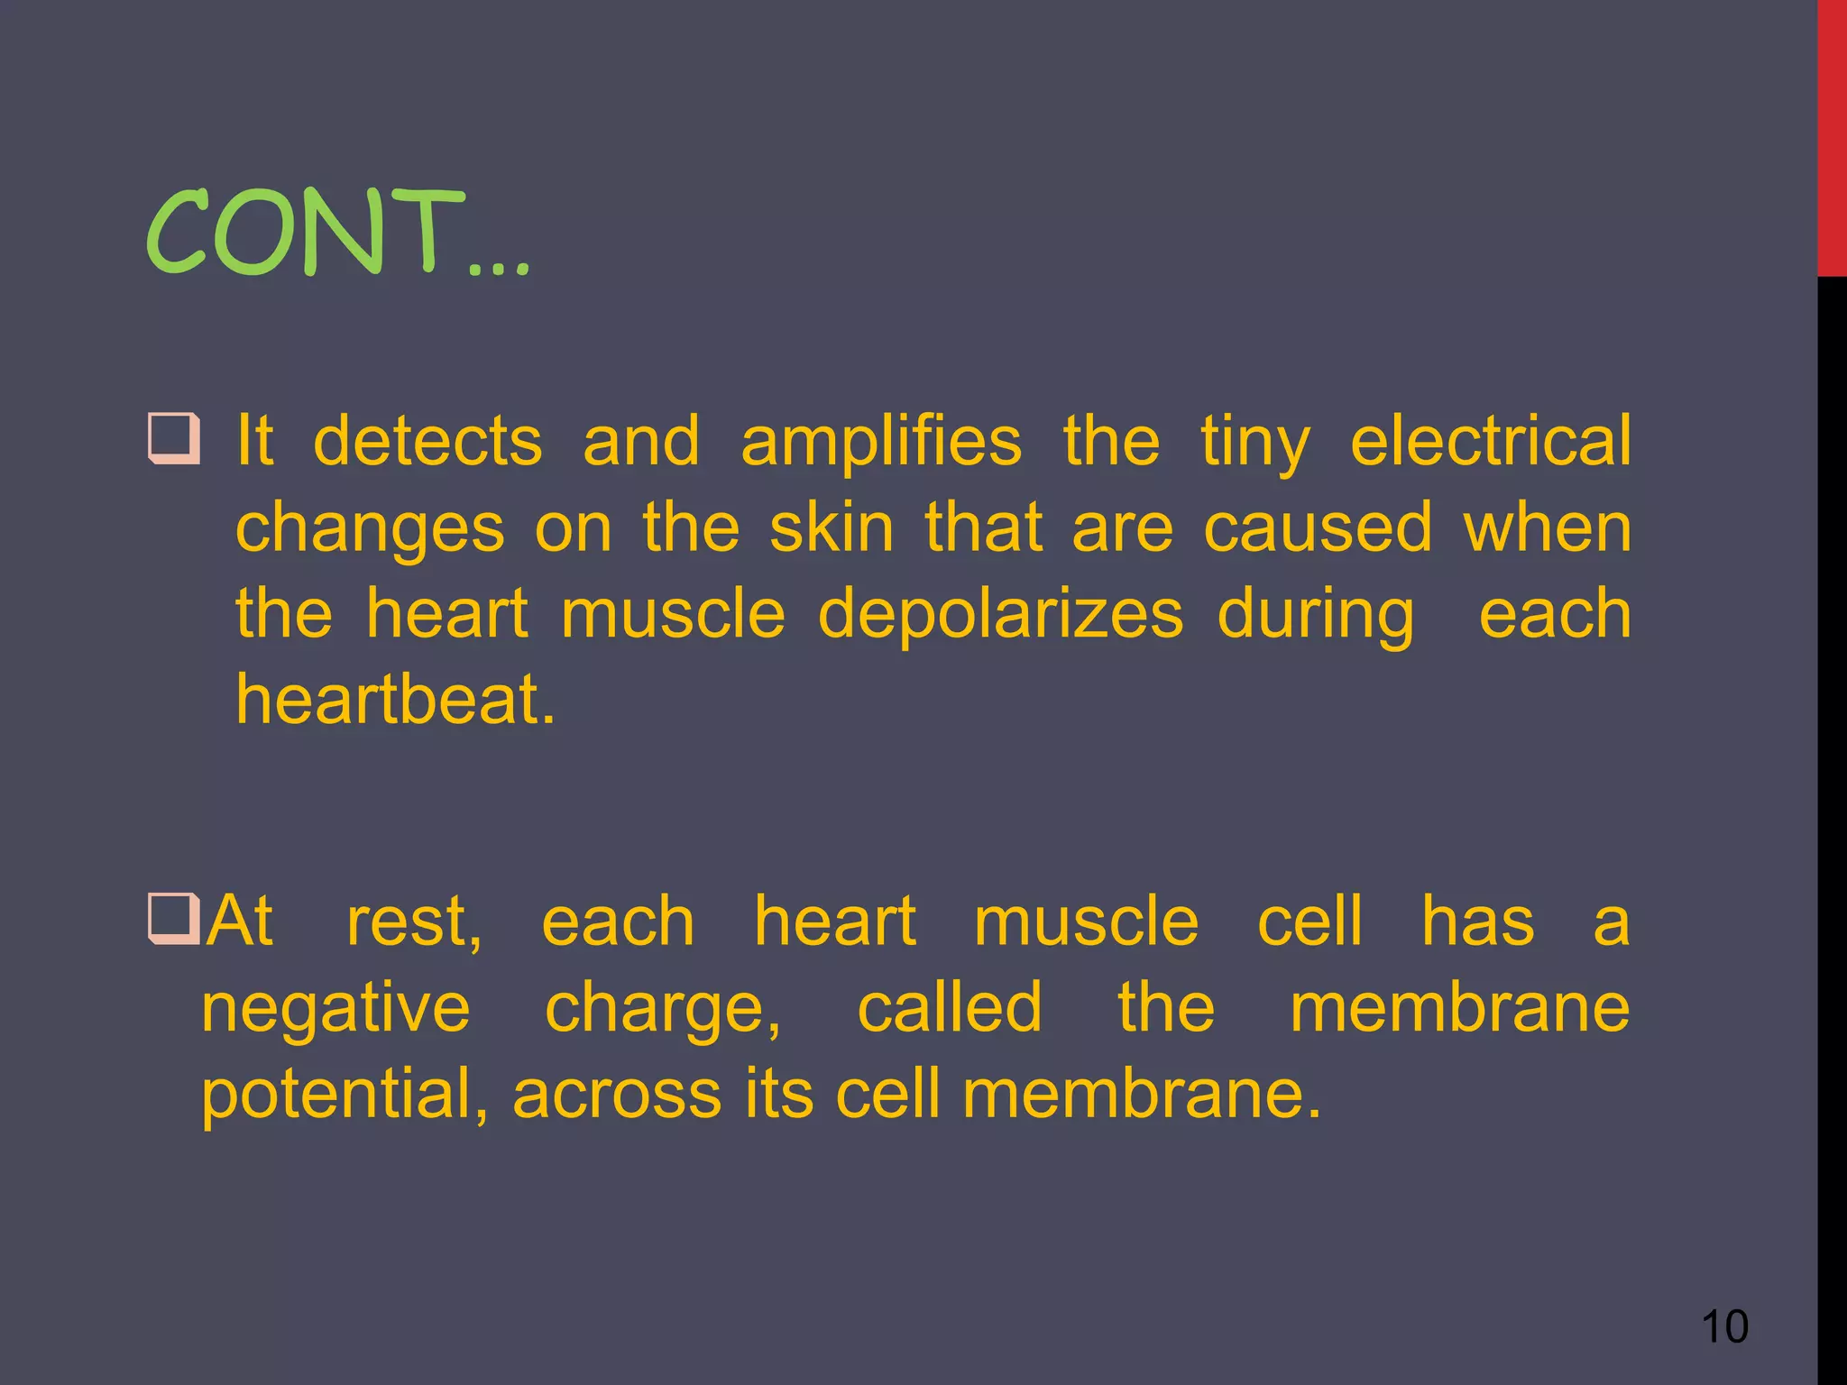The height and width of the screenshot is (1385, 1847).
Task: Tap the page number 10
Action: tap(1723, 1326)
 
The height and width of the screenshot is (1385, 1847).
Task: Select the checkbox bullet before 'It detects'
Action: tap(172, 437)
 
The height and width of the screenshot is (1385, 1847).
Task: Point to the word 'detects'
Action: tap(427, 441)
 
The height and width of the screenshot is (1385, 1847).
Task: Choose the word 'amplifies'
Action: tap(881, 441)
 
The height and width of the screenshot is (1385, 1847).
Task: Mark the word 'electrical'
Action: tap(1490, 441)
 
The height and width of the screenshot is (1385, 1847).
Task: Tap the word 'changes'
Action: tap(370, 529)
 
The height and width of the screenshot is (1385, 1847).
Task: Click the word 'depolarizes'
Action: tap(999, 615)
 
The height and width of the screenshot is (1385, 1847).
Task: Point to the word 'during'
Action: tap(1315, 615)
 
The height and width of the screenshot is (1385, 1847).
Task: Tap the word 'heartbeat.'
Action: tap(395, 700)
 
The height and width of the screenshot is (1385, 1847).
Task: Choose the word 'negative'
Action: tap(335, 1009)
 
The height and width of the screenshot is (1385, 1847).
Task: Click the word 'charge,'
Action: tap(663, 1009)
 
